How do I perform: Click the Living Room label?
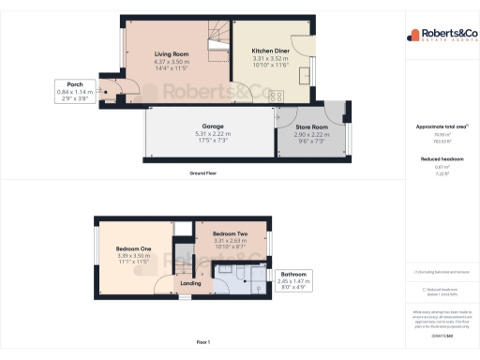172,54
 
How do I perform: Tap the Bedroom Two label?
230,233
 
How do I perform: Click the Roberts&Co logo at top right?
441,36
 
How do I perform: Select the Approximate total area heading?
441,127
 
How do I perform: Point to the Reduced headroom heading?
441,158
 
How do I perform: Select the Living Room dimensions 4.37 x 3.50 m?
172,61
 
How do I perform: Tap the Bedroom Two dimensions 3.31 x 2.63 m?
230,240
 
